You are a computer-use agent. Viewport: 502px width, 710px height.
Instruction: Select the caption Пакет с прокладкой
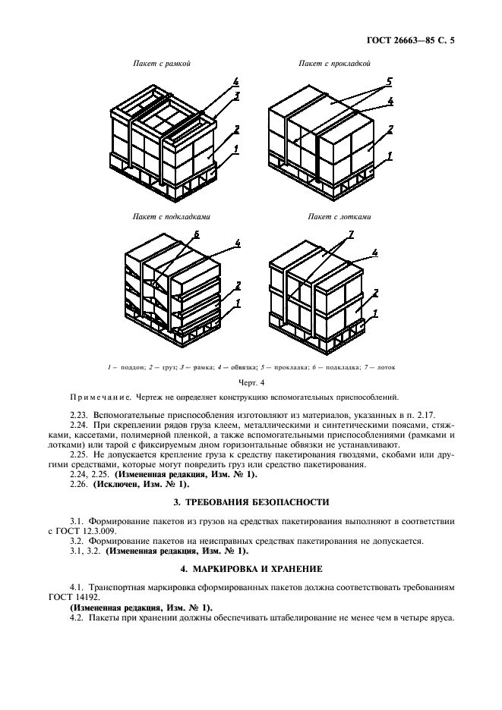pyautogui.click(x=334, y=64)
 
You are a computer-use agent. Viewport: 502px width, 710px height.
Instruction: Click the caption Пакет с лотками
pyautogui.click(x=339, y=216)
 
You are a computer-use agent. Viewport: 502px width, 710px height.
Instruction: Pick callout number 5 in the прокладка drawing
pyautogui.click(x=390, y=80)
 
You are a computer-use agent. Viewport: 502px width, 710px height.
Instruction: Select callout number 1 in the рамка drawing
pyautogui.click(x=237, y=149)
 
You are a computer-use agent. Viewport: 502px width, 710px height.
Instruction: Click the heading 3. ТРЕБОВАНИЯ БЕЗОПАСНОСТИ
pyautogui.click(x=251, y=501)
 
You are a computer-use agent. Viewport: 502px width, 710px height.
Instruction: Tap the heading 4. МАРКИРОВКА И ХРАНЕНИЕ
pyautogui.click(x=251, y=567)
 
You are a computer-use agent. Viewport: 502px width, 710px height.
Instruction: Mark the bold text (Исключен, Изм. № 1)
pyautogui.click(x=141, y=483)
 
